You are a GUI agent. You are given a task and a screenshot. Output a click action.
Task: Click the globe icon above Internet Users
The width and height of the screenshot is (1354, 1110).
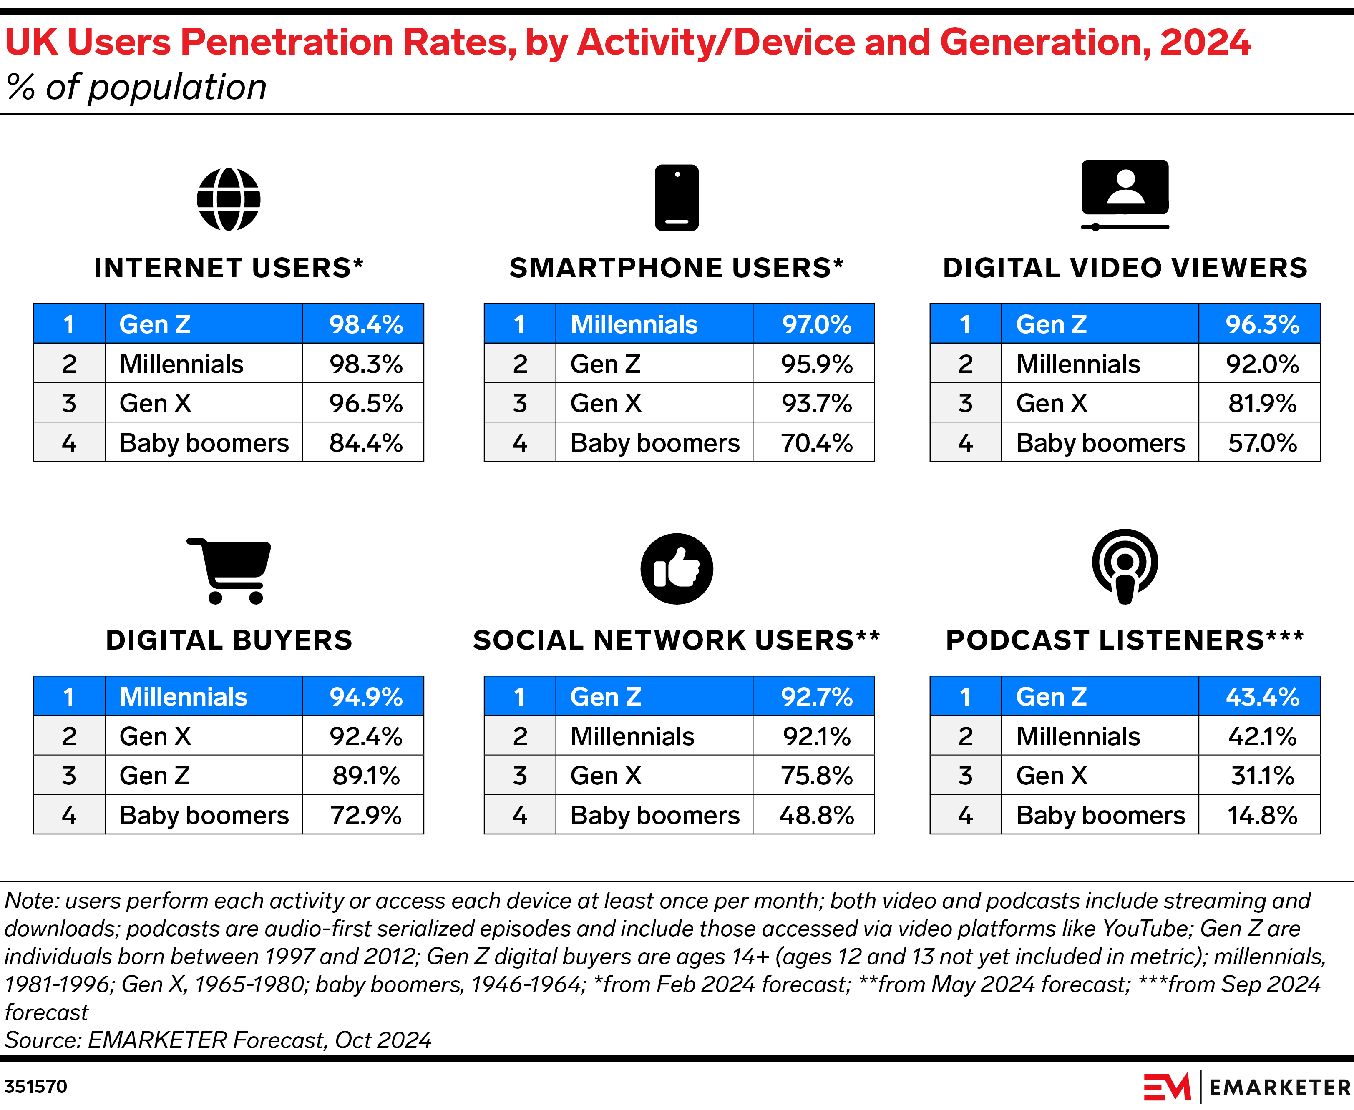pyautogui.click(x=228, y=199)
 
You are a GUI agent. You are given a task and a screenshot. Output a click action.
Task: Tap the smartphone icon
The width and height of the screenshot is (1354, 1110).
pyautogui.click(x=677, y=198)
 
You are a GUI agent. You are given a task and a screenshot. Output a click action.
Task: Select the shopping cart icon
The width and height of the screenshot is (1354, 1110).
pyautogui.click(x=229, y=570)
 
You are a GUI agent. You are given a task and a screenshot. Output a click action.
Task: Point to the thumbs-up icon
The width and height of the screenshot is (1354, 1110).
pyautogui.click(x=677, y=568)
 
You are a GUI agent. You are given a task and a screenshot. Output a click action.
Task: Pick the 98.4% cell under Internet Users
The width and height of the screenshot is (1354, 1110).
pyautogui.click(x=366, y=324)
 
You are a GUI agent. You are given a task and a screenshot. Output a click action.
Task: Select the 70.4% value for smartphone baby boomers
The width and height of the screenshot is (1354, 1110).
pyautogui.click(x=816, y=442)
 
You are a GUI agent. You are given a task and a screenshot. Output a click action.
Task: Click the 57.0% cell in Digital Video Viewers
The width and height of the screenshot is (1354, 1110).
pyautogui.click(x=1262, y=442)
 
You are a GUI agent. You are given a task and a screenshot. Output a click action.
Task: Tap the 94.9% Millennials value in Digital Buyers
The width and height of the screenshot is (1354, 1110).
pyautogui.click(x=366, y=696)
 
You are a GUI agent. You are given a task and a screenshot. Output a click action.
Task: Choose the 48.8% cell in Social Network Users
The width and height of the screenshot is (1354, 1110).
pyautogui.click(x=816, y=815)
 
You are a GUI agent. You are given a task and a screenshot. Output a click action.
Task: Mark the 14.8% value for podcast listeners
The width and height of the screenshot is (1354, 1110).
pyautogui.click(x=1262, y=815)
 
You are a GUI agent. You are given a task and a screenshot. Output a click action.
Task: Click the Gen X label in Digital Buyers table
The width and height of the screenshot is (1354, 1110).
pyautogui.click(x=156, y=736)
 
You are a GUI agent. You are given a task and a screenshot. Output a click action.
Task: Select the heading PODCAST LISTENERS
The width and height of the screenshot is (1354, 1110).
pyautogui.click(x=1125, y=640)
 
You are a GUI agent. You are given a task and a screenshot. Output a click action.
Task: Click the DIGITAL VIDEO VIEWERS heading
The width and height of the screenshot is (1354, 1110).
pyautogui.click(x=1125, y=268)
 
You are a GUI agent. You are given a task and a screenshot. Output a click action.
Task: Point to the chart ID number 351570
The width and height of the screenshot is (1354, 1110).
pyautogui.click(x=36, y=1086)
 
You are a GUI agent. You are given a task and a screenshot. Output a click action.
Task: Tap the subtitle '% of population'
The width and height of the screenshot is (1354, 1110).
pyautogui.click(x=136, y=87)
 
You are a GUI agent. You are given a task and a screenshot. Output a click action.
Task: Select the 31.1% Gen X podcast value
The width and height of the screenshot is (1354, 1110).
pyautogui.click(x=1262, y=776)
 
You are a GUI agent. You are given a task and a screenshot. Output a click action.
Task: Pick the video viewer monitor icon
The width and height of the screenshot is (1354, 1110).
pyautogui.click(x=1125, y=194)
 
